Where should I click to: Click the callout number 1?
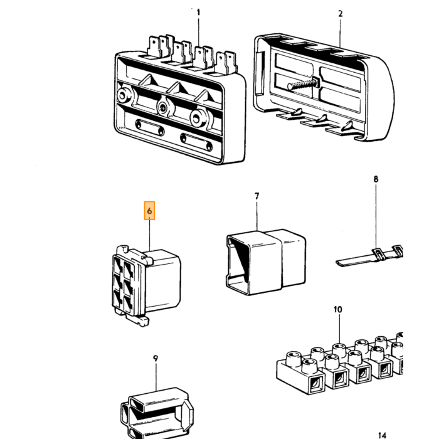pos(199,13)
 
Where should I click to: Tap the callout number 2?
pos(341,14)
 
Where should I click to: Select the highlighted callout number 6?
pos(149,211)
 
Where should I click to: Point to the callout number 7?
pos(257,196)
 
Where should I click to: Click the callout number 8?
pos(376,179)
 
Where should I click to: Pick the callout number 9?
pos(156,358)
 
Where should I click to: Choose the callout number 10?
pos(338,310)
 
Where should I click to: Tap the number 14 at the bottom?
pos(383,435)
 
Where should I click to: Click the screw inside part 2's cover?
pos(304,84)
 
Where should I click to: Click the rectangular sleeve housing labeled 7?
pos(265,262)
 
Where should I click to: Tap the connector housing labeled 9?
pos(157,413)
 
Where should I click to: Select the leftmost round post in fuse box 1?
pos(123,96)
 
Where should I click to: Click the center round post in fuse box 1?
pos(162,107)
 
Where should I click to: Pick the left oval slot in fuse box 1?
pos(150,127)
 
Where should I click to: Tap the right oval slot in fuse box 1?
pos(196,142)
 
